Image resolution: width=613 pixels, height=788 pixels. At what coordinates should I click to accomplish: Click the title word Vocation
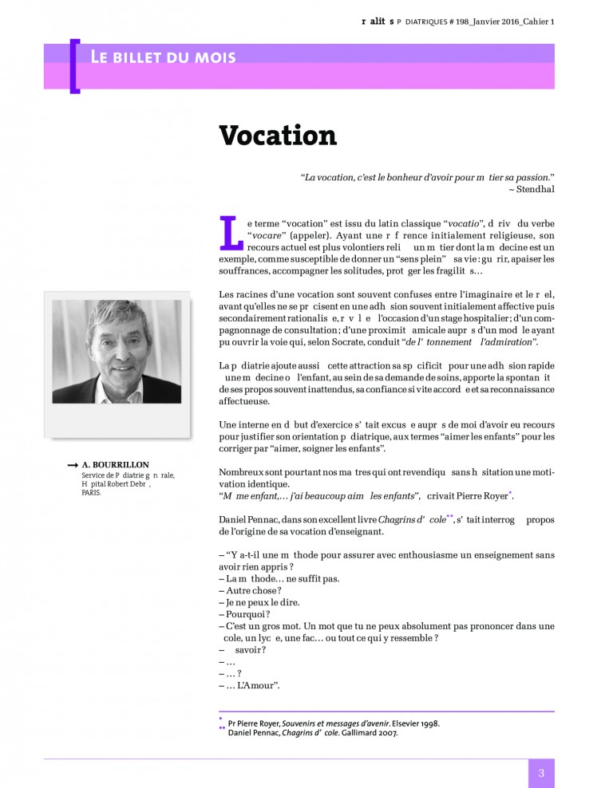278,136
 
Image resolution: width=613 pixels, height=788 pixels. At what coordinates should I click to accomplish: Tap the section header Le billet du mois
163,57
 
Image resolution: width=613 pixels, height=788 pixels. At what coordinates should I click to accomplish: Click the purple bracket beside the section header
74,65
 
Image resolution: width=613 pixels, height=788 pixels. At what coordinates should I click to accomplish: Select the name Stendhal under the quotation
535,189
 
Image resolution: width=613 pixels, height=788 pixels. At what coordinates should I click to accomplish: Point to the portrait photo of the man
117,352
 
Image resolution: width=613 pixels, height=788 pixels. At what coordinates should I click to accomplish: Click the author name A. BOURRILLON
116,464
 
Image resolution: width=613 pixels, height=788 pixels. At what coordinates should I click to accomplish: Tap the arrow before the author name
72,464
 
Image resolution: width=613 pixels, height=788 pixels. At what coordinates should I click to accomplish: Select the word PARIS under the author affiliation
91,493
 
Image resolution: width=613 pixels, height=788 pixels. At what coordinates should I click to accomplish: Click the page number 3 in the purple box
541,773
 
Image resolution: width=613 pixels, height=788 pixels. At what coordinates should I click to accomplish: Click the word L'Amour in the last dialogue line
259,684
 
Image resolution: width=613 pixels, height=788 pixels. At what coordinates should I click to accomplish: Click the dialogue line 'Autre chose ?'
248,590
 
